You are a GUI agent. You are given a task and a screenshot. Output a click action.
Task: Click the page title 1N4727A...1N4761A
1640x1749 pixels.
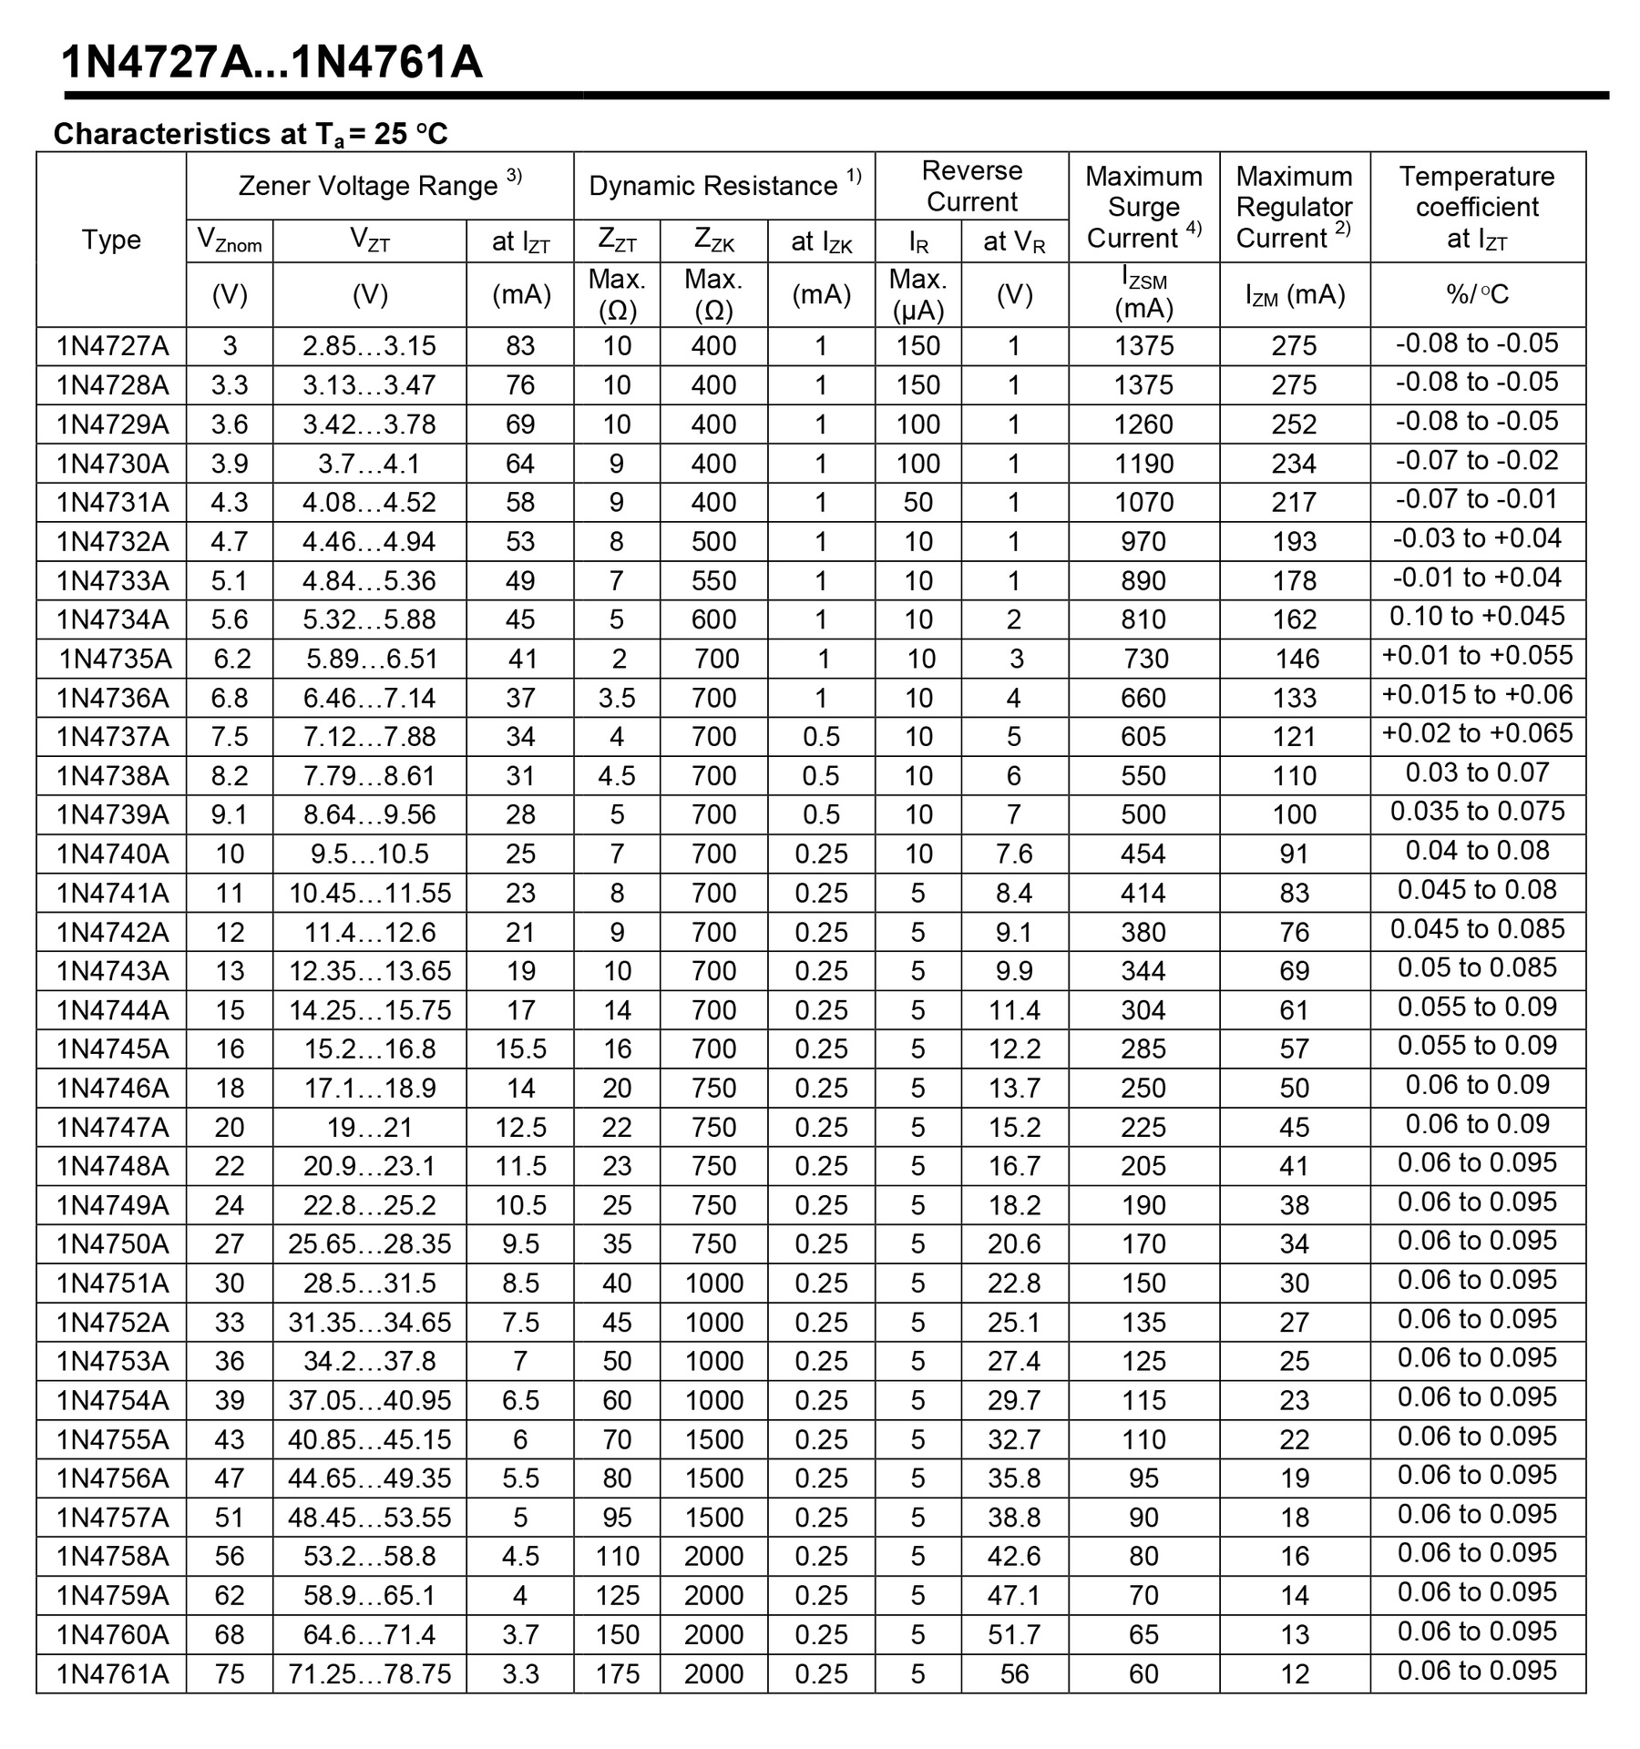(272, 64)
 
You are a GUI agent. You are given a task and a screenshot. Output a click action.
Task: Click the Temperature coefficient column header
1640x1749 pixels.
(1476, 207)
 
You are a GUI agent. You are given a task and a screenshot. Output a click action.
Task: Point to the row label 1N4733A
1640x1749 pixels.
(112, 580)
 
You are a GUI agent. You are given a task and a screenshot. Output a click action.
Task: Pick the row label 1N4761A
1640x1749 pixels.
(112, 1673)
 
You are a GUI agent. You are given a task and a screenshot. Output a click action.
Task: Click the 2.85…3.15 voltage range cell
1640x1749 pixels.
(369, 346)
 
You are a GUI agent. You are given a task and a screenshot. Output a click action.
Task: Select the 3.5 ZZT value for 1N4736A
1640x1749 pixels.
(617, 698)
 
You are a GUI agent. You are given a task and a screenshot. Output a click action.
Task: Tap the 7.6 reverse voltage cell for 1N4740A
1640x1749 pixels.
(1014, 854)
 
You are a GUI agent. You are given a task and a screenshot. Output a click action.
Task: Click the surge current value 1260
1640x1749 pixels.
(1143, 424)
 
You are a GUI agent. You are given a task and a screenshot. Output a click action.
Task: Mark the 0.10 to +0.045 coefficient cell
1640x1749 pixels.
(1476, 617)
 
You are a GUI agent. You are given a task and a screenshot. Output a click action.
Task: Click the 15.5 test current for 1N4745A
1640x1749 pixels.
(520, 1048)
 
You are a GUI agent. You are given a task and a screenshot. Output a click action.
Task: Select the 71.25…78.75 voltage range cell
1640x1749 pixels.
(369, 1673)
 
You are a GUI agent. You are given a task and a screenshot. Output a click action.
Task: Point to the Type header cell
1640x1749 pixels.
(111, 240)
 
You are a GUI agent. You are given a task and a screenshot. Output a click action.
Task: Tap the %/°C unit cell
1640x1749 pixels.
(1476, 294)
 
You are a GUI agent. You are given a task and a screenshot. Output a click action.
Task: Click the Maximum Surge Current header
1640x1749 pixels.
(1143, 207)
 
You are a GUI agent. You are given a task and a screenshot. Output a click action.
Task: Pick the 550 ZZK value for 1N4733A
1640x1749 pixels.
(713, 580)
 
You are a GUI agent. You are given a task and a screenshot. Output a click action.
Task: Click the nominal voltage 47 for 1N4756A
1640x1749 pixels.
(230, 1478)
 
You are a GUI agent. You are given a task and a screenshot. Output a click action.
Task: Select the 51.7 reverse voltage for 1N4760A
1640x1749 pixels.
(1014, 1634)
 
